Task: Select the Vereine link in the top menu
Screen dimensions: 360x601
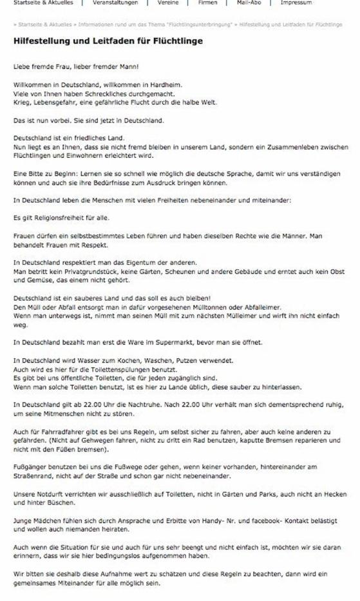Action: (167, 3)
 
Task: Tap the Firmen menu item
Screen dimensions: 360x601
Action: (207, 3)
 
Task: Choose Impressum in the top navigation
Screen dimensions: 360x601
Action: (296, 3)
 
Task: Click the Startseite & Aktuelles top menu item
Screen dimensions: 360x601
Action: (40, 3)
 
